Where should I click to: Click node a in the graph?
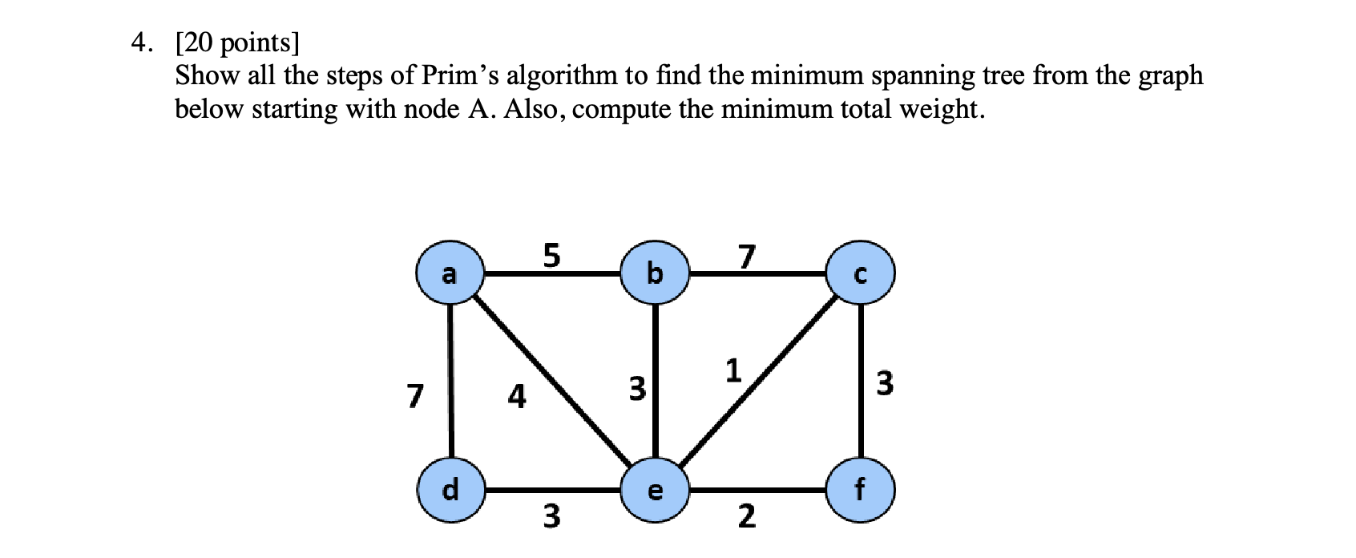click(x=450, y=274)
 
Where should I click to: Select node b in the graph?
click(x=655, y=274)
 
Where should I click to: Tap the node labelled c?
click(x=861, y=274)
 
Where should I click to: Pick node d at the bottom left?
click(x=450, y=489)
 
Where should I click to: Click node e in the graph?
click(x=655, y=490)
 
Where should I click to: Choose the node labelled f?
click(x=861, y=489)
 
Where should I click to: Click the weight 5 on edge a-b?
click(x=551, y=255)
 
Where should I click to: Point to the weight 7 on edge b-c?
click(x=746, y=257)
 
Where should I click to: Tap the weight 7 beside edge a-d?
click(x=414, y=395)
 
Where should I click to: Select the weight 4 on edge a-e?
click(x=518, y=396)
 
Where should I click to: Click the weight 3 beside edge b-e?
click(x=636, y=389)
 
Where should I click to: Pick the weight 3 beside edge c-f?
click(x=884, y=383)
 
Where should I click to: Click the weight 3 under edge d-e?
click(x=551, y=516)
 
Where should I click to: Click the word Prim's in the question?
click(x=460, y=75)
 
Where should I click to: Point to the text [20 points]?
click(x=236, y=42)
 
